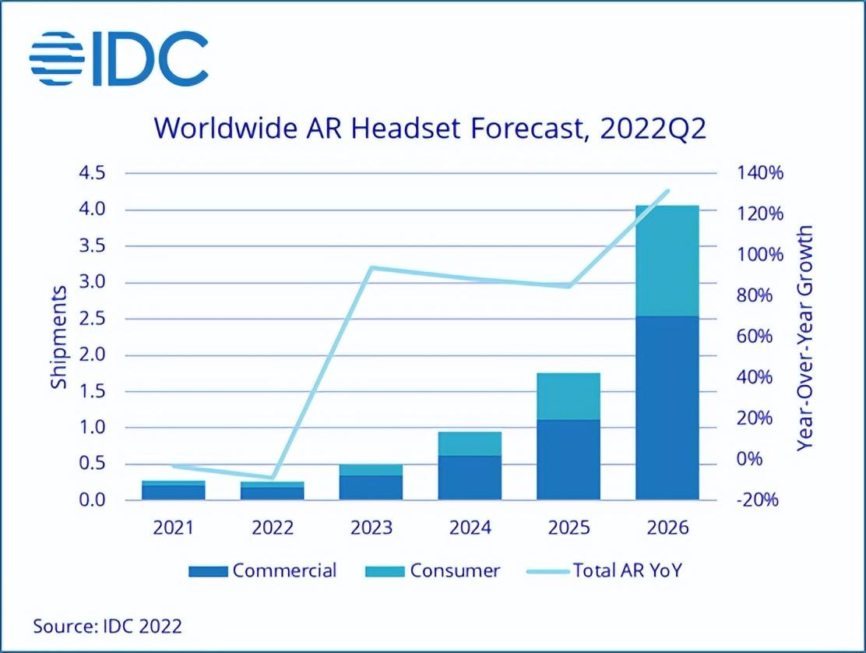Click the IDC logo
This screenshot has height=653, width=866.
(119, 58)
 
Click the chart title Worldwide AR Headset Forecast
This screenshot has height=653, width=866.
(431, 128)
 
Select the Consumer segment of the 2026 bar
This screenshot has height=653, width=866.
(667, 261)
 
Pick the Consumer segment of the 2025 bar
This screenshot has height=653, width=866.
(569, 397)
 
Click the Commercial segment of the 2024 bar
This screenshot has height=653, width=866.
(470, 477)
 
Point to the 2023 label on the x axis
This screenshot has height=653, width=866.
(371, 528)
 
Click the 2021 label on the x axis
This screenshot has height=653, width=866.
(173, 528)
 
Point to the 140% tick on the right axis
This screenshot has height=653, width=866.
(755, 173)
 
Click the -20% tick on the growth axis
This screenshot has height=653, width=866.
(755, 500)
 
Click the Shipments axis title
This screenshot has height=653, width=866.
(59, 337)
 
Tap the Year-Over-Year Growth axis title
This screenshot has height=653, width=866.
(805, 337)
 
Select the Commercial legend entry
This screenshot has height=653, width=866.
(263, 571)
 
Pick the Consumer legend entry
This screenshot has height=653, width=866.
(433, 571)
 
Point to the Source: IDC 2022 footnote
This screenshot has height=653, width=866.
(107, 625)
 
